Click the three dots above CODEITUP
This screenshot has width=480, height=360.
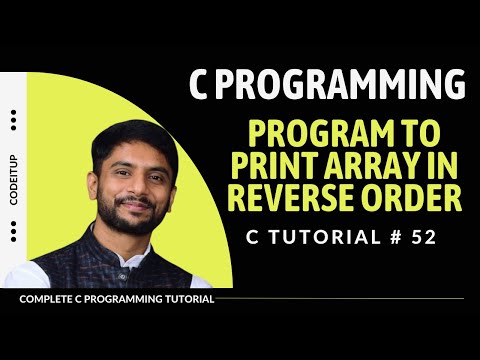point(13,120)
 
